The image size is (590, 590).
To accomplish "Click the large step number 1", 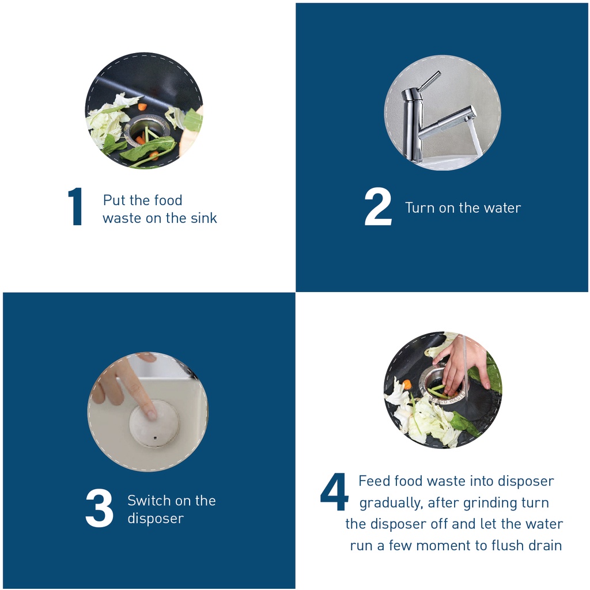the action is pos(75,207).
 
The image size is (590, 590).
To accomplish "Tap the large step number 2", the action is pos(378,207).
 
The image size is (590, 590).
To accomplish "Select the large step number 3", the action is pos(99,508).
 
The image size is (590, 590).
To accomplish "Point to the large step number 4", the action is pos(334,492).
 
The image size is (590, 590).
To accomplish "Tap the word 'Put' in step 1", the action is pos(114,200).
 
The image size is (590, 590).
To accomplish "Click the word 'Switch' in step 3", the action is pos(149,501).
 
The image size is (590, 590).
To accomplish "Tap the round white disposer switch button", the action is pos(154,423).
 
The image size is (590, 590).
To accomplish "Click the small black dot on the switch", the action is pos(156,438).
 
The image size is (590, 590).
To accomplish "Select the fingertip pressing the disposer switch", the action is pos(151,414).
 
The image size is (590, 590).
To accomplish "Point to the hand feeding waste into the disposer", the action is pos(463,364).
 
